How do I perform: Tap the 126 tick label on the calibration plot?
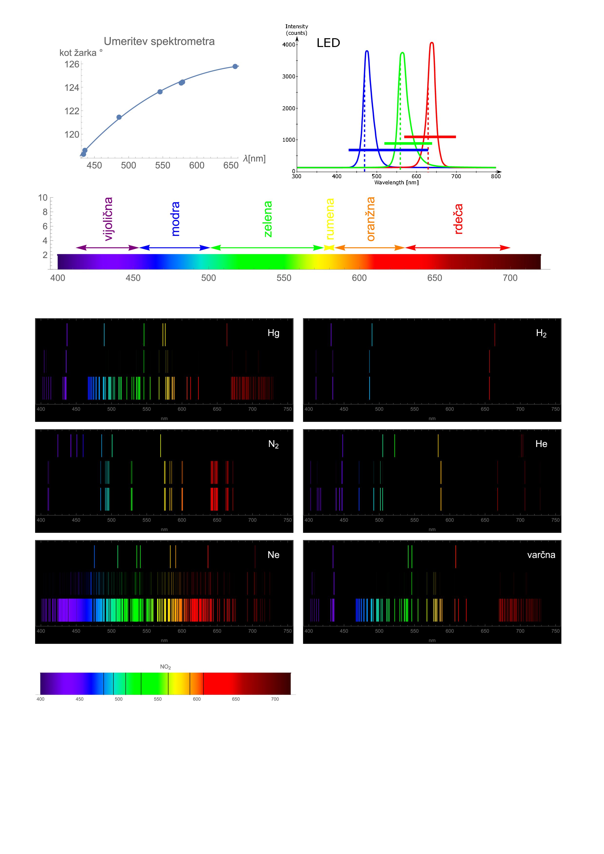coord(72,64)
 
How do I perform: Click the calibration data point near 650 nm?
coord(235,66)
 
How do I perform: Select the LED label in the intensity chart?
coord(328,43)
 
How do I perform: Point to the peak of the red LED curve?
coord(432,43)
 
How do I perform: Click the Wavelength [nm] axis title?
coord(396,183)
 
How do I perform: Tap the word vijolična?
coord(108,219)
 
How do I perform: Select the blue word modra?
coord(175,219)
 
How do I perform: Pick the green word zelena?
coord(268,219)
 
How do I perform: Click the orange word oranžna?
coord(371,219)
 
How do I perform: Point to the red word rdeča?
coord(459,219)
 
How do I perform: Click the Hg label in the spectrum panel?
coord(274,333)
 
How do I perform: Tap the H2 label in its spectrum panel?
coord(541,333)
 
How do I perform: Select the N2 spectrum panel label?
coord(274,444)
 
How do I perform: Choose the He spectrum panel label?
coord(541,444)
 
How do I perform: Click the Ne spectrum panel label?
coord(274,555)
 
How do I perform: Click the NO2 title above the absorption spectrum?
coord(165,667)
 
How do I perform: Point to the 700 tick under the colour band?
coord(510,278)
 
